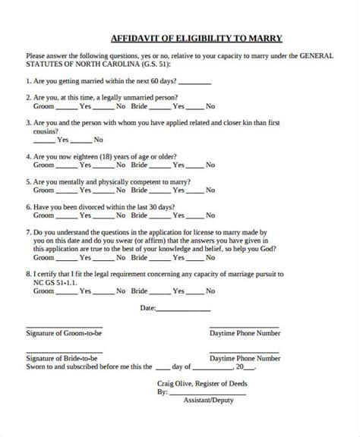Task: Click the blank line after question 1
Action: (196, 83)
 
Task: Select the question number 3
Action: (28, 121)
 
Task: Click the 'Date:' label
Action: (148, 308)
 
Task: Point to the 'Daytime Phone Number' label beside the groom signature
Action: (245, 333)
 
